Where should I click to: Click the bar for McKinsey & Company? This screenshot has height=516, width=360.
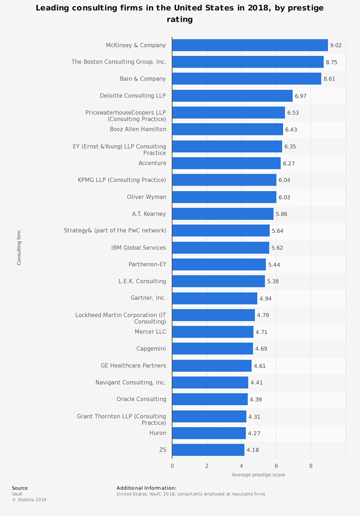[250, 45]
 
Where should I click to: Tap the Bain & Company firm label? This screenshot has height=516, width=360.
[143, 79]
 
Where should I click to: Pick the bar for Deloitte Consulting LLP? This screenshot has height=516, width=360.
[232, 96]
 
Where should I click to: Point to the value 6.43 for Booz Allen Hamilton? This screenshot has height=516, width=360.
[291, 130]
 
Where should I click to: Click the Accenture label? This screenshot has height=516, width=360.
[152, 163]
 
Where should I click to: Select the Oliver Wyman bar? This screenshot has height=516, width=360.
[224, 197]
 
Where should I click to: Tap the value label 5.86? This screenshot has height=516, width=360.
[281, 214]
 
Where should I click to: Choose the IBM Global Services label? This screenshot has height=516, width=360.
[138, 248]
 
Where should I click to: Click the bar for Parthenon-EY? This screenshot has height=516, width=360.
[219, 265]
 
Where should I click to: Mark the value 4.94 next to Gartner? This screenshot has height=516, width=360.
[265, 298]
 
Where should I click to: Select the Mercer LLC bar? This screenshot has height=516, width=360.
[213, 332]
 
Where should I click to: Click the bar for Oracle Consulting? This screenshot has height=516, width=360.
[210, 399]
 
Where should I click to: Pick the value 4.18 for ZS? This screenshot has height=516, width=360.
[252, 450]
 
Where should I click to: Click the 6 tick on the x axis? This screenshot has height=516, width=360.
[276, 466]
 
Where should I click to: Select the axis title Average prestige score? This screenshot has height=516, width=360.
[258, 475]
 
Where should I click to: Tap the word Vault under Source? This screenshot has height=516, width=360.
[17, 493]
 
